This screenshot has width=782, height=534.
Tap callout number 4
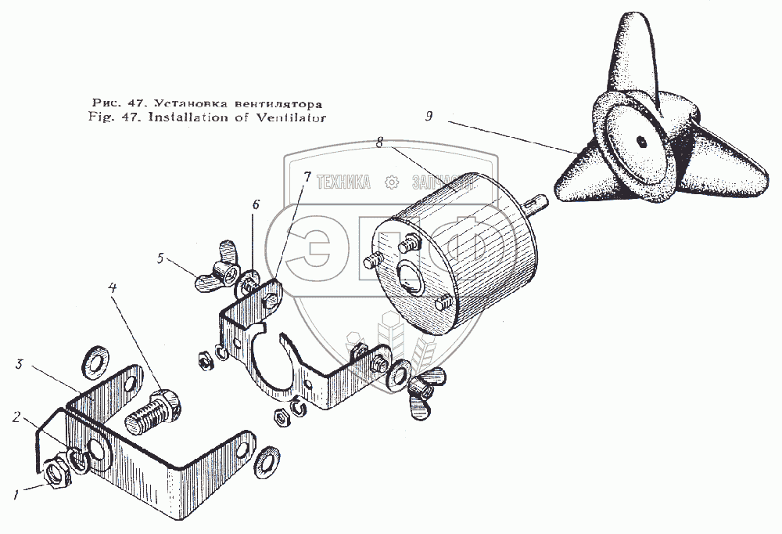(x=113, y=289)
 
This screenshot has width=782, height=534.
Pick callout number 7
(x=307, y=178)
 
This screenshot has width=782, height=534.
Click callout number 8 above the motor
(x=379, y=143)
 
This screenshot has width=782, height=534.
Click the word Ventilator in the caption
(x=294, y=118)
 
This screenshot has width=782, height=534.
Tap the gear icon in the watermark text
(x=392, y=182)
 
